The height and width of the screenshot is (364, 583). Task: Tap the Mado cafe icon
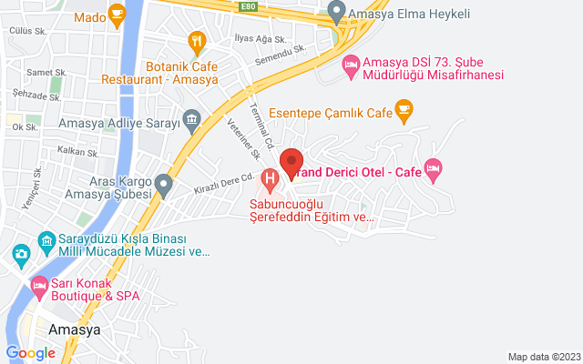[117, 13]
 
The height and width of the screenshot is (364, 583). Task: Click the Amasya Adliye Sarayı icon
[191, 118]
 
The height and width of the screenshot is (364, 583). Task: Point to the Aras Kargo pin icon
[164, 185]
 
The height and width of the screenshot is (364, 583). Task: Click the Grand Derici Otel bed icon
[434, 167]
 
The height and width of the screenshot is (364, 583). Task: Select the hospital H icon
[269, 177]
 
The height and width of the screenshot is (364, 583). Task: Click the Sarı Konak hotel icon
[39, 286]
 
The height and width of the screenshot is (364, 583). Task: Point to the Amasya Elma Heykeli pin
[336, 14]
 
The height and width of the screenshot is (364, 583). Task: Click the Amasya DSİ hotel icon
[350, 66]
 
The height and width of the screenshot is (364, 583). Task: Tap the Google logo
[30, 353]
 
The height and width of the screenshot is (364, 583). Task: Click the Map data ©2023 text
[542, 357]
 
